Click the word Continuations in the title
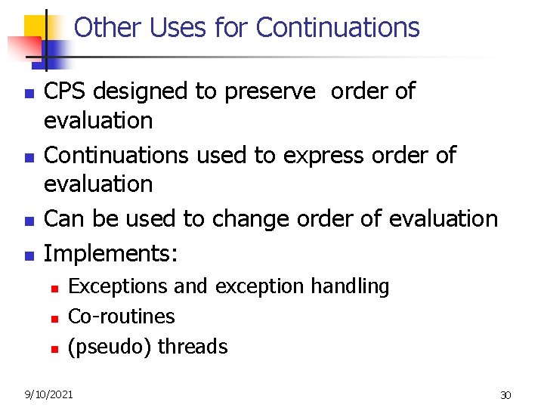coord(338,28)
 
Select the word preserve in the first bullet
coord(268,91)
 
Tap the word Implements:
coord(111,252)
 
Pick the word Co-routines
coord(122,316)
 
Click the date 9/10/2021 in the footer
coord(48,394)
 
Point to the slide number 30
coord(505,395)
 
